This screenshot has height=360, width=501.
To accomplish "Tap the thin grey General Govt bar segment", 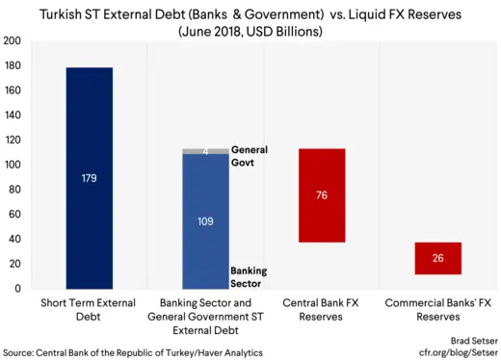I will (x=205, y=151).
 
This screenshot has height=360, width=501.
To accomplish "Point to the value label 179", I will (x=90, y=178).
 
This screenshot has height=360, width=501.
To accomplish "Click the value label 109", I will (x=205, y=221).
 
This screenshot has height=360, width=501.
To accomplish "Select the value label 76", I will (x=322, y=195).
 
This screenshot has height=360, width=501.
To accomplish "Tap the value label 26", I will (x=437, y=259).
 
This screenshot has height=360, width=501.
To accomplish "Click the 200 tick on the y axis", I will (x=13, y=41).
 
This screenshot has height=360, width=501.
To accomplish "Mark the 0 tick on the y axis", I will (x=16, y=288).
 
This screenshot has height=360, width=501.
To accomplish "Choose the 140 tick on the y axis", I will (x=13, y=116).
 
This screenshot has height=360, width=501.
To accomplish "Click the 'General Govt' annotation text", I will (x=249, y=156).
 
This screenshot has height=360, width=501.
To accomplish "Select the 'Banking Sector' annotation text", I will (x=249, y=277).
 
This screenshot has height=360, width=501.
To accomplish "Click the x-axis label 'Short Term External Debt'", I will (x=90, y=310).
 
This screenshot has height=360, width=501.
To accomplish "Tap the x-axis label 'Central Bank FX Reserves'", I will (x=322, y=310).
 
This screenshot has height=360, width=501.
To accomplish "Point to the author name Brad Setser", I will (x=470, y=341).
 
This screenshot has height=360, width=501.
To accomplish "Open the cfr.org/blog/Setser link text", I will (x=457, y=352).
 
